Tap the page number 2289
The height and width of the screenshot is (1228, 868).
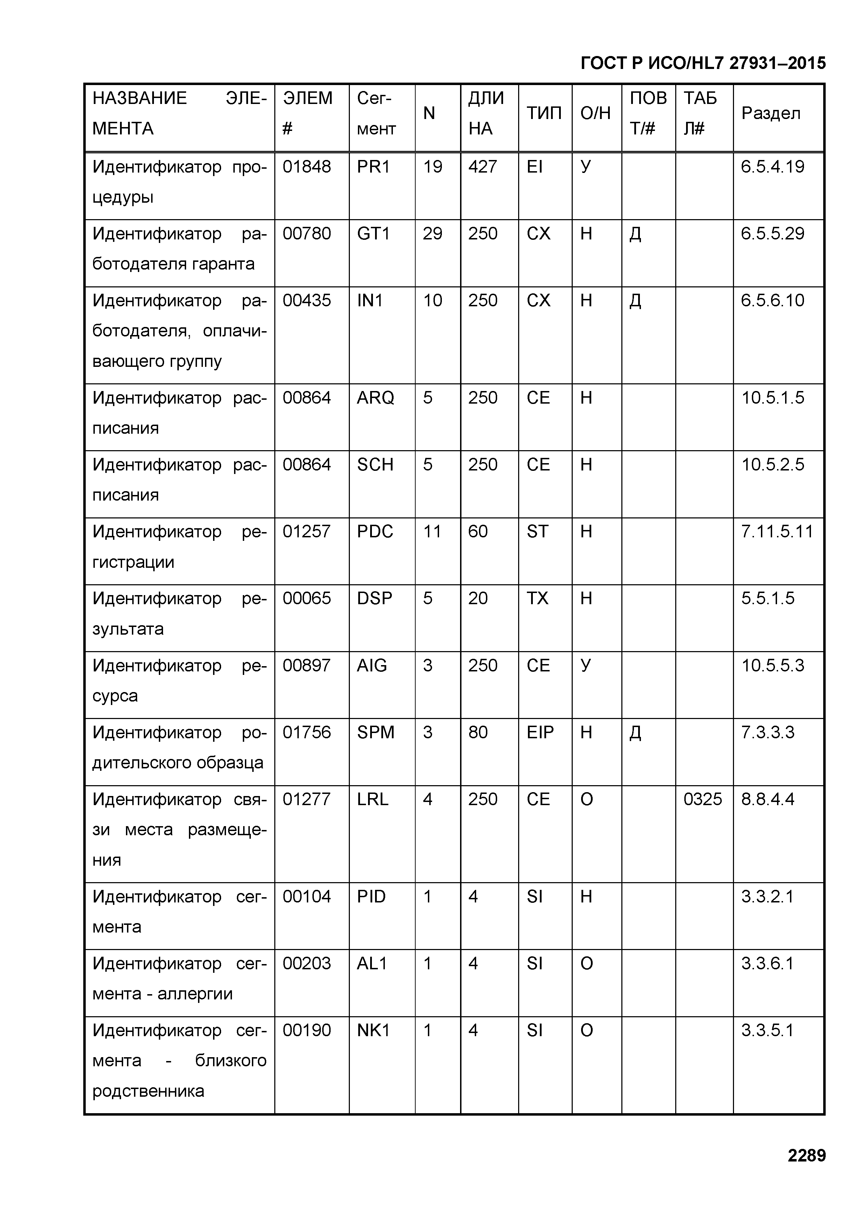(806, 1155)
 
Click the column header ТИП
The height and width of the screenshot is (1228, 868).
(544, 113)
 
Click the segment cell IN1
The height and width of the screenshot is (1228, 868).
(370, 301)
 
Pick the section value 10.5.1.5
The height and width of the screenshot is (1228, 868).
(772, 398)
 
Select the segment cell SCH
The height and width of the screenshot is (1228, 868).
(375, 465)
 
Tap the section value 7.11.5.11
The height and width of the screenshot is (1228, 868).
(777, 532)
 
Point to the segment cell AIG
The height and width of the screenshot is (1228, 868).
(372, 665)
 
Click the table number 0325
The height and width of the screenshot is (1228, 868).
(702, 799)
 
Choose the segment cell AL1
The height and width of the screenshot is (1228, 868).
(372, 963)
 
